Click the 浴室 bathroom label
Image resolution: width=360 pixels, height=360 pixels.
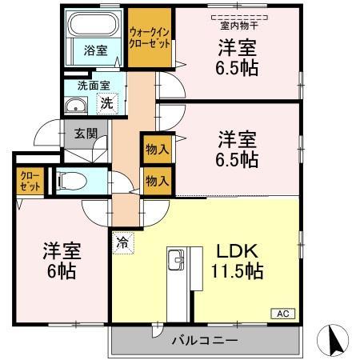pyautogui.click(x=95, y=50)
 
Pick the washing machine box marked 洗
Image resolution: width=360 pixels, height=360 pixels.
pyautogui.click(x=106, y=102)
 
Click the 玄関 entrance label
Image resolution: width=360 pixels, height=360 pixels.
pyautogui.click(x=85, y=134)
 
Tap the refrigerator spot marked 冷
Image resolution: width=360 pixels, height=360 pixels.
pyautogui.click(x=123, y=238)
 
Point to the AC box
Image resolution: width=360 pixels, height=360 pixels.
pyautogui.click(x=283, y=313)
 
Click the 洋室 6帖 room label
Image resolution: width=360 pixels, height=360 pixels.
pyautogui.click(x=61, y=259)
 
